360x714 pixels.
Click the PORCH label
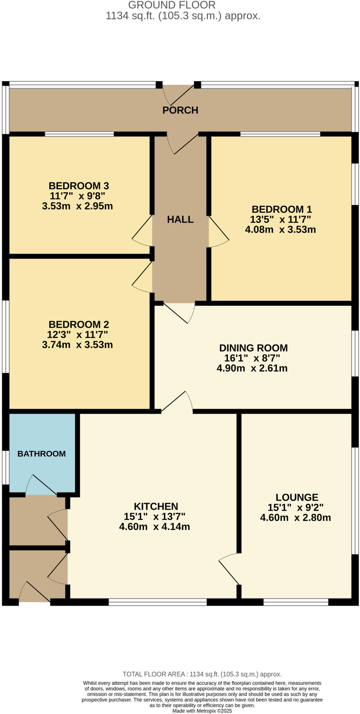180,110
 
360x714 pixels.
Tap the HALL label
180,219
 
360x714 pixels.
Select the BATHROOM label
41,454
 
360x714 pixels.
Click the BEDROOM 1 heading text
282,209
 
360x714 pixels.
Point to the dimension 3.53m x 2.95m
77,206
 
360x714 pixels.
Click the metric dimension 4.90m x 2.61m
252,368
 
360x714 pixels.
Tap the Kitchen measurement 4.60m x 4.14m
154,526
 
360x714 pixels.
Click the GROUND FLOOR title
172,5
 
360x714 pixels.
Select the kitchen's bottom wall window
158,602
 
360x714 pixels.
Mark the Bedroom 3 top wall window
79,134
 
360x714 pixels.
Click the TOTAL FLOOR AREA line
202,674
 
